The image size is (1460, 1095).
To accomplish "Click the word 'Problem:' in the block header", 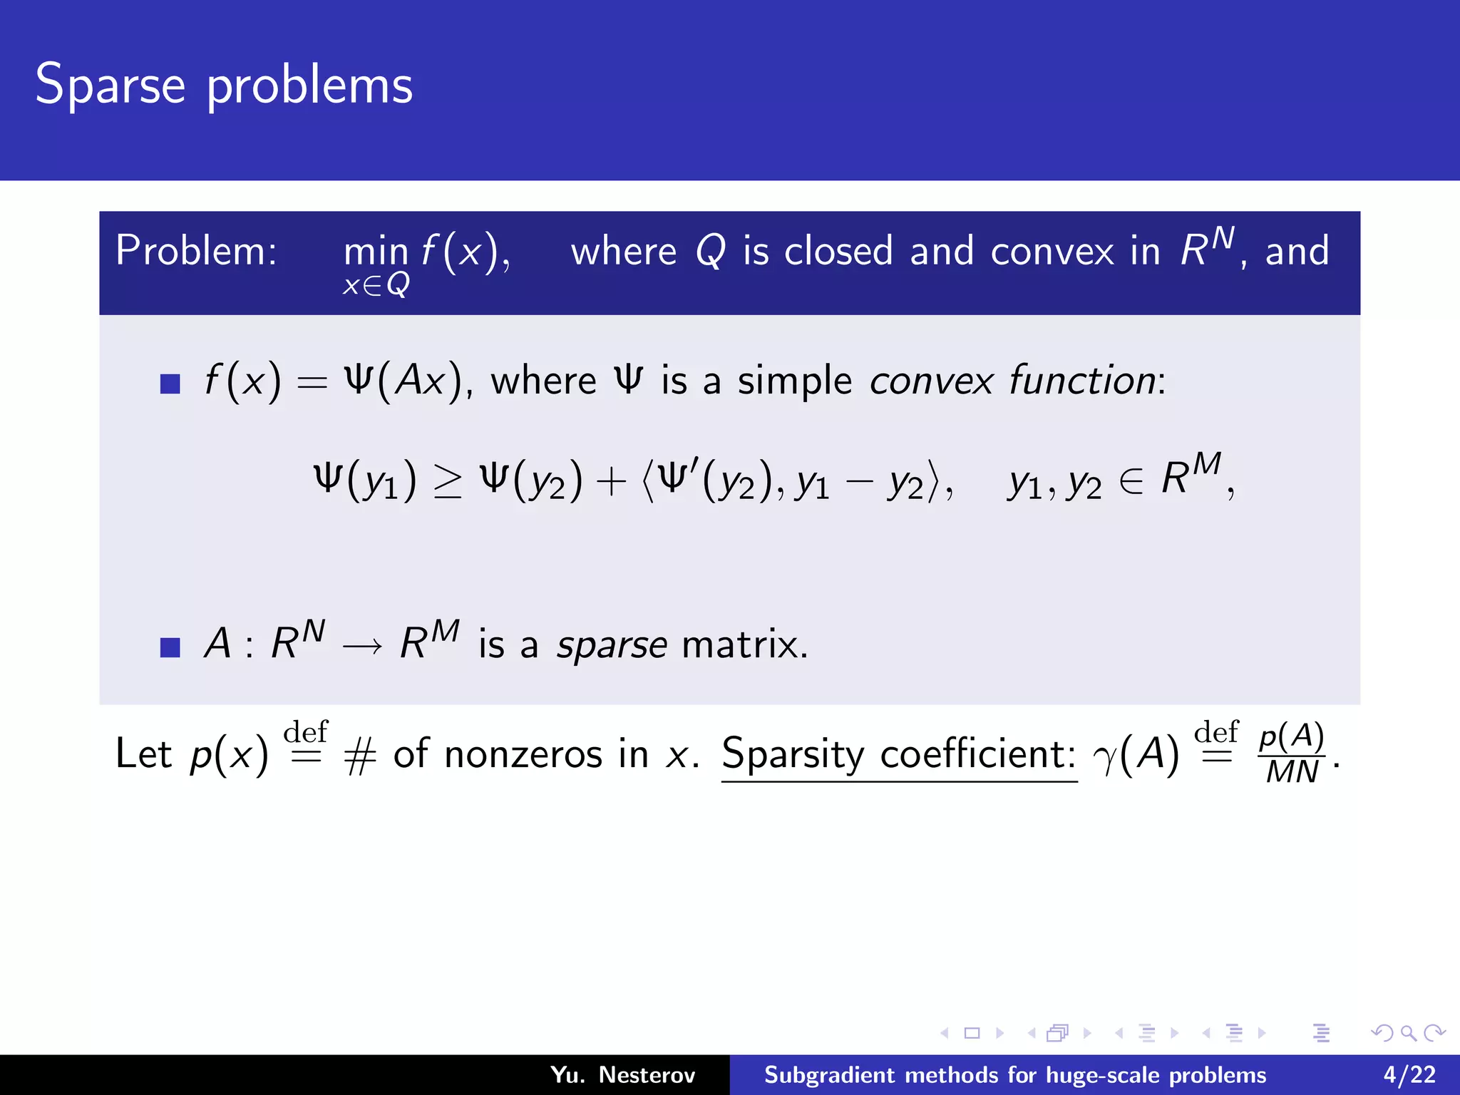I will pyautogui.click(x=196, y=251).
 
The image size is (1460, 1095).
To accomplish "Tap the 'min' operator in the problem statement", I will pyautogui.click(x=376, y=252).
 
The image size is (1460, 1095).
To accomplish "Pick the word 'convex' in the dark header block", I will pyautogui.click(x=1052, y=251).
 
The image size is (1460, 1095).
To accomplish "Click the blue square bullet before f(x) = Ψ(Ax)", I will pyautogui.click(x=170, y=384).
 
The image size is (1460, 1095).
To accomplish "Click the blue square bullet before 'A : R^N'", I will pyautogui.click(x=170, y=647).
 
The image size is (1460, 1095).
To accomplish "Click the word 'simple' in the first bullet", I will pyautogui.click(x=795, y=381).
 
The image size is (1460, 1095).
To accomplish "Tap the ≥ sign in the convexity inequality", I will pyautogui.click(x=448, y=482).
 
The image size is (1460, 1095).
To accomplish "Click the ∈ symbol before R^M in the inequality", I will pyautogui.click(x=1131, y=482).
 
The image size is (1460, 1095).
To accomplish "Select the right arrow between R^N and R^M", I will pyautogui.click(x=362, y=647).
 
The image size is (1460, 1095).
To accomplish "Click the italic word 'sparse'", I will pyautogui.click(x=612, y=645).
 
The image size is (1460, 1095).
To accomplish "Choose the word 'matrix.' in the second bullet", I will pyautogui.click(x=745, y=644).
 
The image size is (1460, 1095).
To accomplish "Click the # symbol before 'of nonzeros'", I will pyautogui.click(x=360, y=756).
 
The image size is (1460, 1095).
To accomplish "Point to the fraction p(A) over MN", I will pyautogui.click(x=1292, y=754).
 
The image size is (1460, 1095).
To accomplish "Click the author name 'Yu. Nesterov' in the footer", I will pyautogui.click(x=622, y=1075).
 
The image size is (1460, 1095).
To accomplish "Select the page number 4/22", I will pyautogui.click(x=1409, y=1075).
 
